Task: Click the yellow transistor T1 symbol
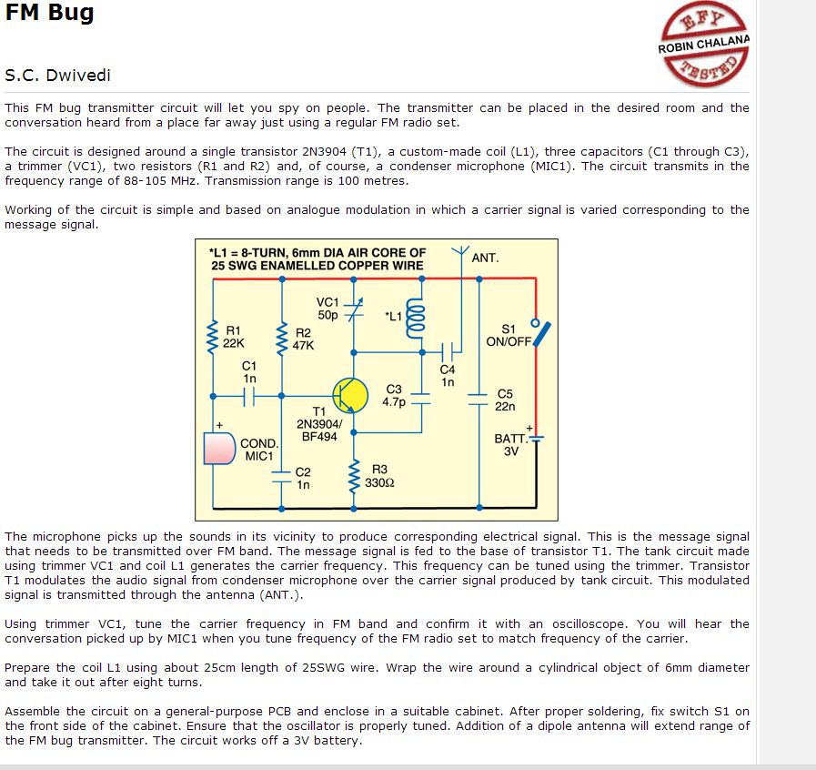click(350, 394)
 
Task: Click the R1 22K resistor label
click(234, 338)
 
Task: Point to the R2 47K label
click(303, 339)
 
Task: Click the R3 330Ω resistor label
click(378, 476)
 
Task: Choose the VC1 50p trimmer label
click(327, 309)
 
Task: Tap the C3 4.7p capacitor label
click(394, 395)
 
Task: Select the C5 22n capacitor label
click(506, 400)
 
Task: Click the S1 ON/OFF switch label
click(509, 335)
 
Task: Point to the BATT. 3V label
click(510, 444)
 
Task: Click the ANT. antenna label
click(485, 258)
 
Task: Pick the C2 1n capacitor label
click(303, 479)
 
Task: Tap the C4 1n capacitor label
click(447, 376)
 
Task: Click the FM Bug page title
click(49, 14)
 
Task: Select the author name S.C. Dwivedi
click(58, 75)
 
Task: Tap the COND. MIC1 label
click(259, 450)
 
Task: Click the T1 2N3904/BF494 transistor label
click(319, 423)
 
